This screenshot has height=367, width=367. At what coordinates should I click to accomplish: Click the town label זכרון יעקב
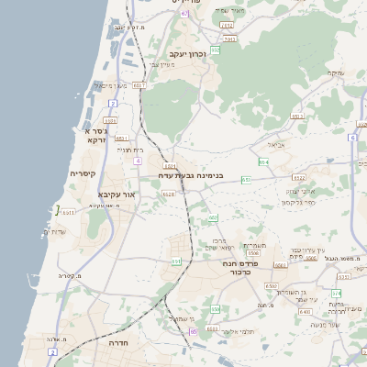(187, 54)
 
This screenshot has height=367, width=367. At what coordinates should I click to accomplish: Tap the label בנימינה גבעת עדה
(191, 174)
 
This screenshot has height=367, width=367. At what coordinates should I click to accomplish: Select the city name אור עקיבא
(117, 195)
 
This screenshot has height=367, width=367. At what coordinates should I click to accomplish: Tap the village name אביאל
(276, 145)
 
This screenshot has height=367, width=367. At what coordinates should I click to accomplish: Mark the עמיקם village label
(336, 72)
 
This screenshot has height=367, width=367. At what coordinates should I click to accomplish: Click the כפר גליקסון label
(298, 202)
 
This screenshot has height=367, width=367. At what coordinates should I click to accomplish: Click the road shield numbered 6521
(171, 165)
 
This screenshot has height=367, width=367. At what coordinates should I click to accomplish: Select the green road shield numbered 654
(263, 162)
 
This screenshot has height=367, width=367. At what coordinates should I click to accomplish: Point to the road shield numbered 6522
(298, 177)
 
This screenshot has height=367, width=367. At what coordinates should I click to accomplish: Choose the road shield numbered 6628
(168, 194)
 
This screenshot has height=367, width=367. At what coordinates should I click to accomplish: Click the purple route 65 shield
(193, 331)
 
